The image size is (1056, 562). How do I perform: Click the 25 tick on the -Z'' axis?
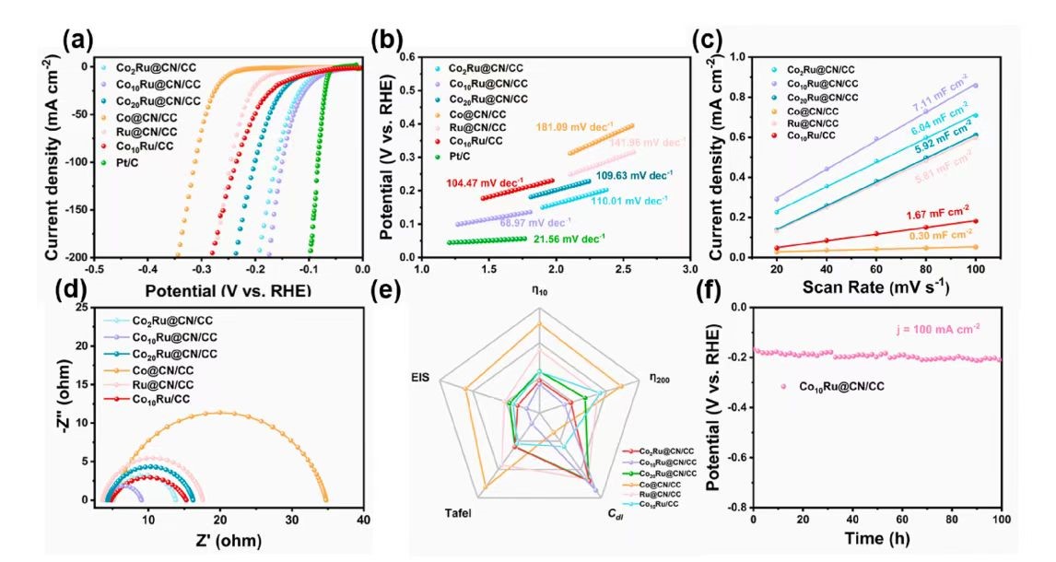pos(83,308)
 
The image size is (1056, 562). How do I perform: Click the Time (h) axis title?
pos(877,542)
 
